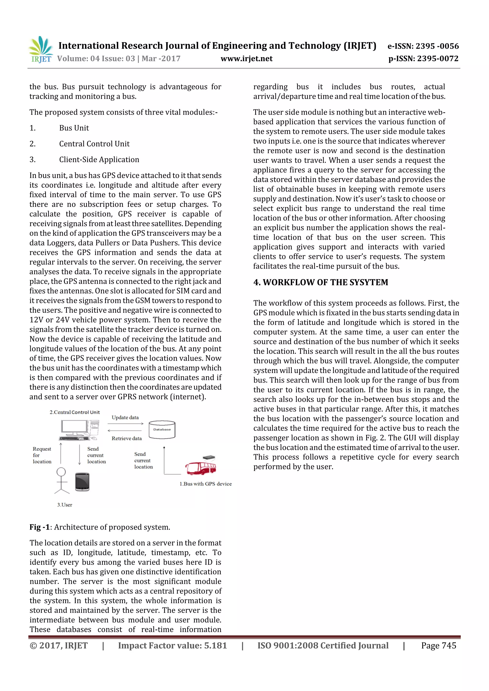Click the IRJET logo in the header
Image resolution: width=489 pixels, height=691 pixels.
point(41,49)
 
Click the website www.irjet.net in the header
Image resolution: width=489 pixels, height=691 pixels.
point(246,59)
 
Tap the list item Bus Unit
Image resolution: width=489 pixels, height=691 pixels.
point(74,128)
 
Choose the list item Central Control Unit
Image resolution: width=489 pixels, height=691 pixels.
point(94,144)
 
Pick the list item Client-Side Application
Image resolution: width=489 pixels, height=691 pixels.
point(99,160)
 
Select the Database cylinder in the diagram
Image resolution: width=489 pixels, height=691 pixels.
point(162,430)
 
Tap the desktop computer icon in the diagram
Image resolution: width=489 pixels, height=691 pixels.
point(79,430)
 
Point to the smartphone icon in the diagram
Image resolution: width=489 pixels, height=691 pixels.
point(82,482)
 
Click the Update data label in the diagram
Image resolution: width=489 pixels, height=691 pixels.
point(125,417)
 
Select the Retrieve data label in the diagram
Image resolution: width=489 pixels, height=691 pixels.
point(127,438)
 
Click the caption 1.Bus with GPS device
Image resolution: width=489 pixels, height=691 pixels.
point(206,484)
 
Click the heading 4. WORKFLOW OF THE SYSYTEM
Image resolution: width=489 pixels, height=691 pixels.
point(321,282)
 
